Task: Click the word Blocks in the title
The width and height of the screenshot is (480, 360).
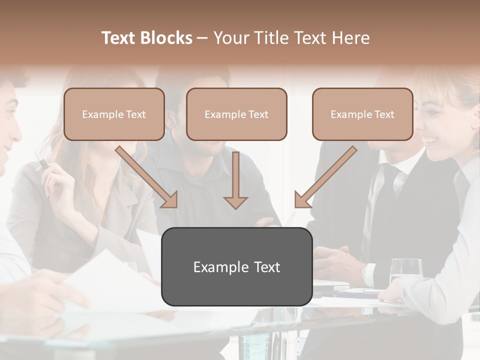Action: (x=167, y=38)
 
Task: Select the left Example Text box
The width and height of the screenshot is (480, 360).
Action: (x=114, y=114)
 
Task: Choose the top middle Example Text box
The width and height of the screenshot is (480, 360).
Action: (x=236, y=114)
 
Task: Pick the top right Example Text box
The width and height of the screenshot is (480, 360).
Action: (x=362, y=114)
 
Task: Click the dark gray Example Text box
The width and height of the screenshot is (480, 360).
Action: (x=236, y=267)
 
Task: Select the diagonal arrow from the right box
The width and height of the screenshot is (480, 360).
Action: (x=325, y=177)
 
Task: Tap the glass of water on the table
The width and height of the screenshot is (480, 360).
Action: (x=405, y=272)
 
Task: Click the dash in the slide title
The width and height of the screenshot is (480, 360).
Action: (x=202, y=38)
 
